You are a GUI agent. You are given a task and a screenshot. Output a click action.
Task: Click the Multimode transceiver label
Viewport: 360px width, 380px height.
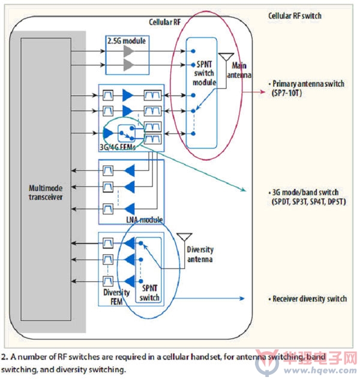pos(46,192)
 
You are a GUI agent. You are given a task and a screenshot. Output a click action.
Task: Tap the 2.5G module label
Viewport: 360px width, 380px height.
pos(127,41)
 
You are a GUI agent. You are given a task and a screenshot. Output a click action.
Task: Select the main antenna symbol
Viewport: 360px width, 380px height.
pos(226,57)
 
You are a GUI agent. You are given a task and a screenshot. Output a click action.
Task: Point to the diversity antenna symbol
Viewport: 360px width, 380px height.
pos(184,237)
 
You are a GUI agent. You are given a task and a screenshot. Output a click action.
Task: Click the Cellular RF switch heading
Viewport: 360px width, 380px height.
pos(295,16)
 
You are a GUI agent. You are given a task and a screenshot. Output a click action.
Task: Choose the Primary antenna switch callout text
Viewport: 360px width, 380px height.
pos(307,88)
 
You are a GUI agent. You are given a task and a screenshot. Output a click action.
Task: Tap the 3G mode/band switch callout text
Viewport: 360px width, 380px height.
pos(307,197)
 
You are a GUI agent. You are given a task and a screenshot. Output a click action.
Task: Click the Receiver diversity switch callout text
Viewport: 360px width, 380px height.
pos(308,298)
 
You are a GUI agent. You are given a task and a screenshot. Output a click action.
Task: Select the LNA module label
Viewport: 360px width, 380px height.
pos(145,219)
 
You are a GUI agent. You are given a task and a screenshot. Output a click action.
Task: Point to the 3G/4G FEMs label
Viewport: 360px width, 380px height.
pos(118,147)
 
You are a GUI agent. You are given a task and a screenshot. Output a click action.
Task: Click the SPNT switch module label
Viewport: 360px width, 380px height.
pos(204,73)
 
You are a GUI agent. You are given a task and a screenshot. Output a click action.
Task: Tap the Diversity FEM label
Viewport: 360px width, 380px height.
pos(116,297)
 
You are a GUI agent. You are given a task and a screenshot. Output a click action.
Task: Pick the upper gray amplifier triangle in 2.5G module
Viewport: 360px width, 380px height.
pos(128,51)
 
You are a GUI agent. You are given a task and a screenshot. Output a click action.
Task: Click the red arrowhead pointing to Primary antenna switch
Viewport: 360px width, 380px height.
pos(262,92)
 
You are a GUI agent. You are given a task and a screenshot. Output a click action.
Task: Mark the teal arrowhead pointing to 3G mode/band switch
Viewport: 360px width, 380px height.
pos(244,189)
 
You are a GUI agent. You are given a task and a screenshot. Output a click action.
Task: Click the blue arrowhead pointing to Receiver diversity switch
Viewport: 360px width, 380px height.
pos(242,298)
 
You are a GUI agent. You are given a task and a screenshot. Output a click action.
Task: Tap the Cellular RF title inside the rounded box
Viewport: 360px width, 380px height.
pos(165,22)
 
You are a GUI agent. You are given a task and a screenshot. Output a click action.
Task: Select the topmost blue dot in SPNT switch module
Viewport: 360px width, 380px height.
pos(193,51)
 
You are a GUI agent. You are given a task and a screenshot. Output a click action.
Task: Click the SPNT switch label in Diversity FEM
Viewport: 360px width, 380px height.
pos(149,292)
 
